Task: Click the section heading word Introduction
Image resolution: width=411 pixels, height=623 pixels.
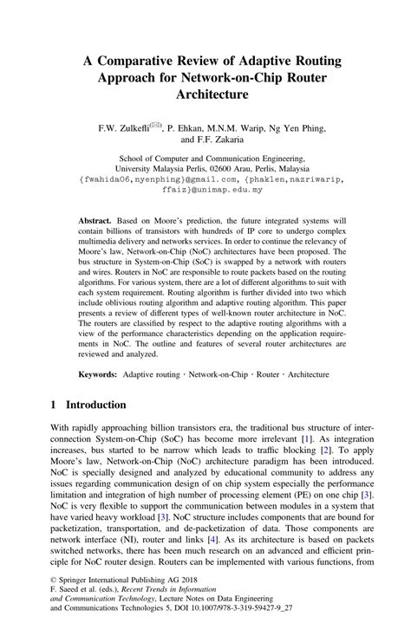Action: point(96,406)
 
